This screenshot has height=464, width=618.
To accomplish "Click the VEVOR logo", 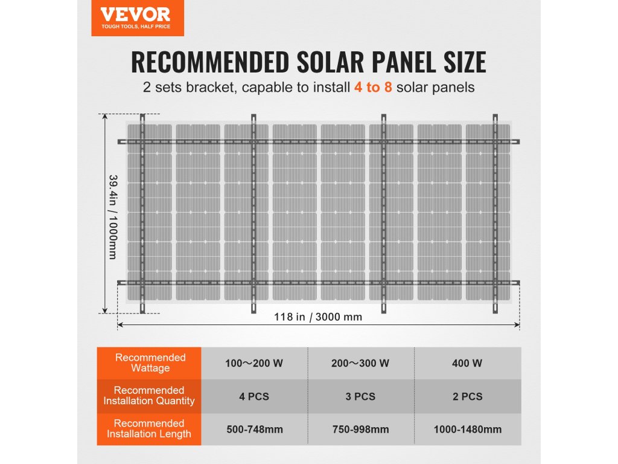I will (135, 14).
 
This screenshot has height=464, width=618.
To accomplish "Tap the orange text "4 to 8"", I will (373, 87).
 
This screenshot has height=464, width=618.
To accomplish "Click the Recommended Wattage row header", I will (150, 363).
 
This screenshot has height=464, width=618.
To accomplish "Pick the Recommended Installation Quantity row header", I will (149, 396).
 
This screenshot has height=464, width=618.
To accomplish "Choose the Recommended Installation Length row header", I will (149, 429).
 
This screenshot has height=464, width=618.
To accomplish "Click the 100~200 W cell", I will (253, 364).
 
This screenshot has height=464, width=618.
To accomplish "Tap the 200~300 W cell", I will (360, 364).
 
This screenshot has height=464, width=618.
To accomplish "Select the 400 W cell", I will (467, 364).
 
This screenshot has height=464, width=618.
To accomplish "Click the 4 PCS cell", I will (253, 396).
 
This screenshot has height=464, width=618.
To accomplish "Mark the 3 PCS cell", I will (360, 396).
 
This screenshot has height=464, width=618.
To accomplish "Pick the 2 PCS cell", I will (467, 396).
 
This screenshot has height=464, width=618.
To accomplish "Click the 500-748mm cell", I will (253, 430).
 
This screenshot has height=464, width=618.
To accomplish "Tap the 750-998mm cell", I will (360, 430).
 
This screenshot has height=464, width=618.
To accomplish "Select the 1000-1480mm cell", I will (467, 430).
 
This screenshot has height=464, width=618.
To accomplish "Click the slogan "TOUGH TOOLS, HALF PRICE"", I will (136, 27).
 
